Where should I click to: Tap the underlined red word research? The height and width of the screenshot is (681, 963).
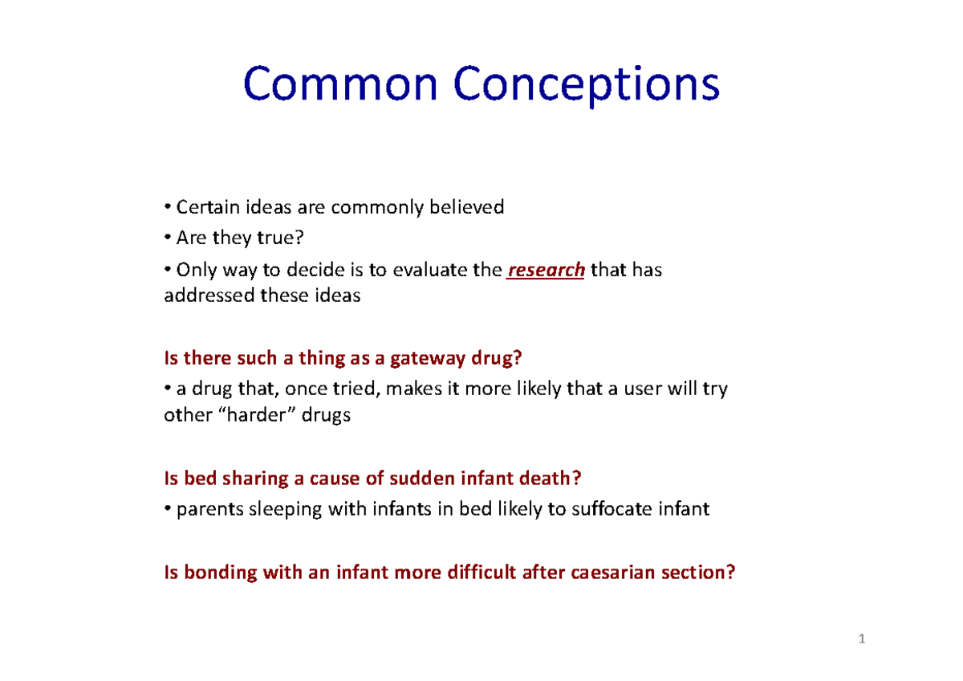(546, 271)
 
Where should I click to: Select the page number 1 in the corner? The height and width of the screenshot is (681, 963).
(862, 639)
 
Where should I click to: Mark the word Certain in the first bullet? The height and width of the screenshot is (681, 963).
(201, 207)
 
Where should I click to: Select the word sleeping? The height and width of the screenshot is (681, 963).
(286, 510)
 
